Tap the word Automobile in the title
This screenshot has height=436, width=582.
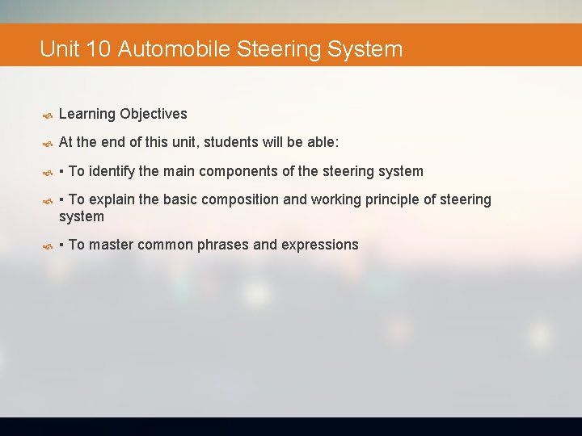click(x=174, y=49)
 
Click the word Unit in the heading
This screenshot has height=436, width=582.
click(x=59, y=49)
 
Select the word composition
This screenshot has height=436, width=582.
click(x=228, y=199)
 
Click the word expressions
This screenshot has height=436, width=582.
click(x=320, y=245)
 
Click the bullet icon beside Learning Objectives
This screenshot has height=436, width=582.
click(x=47, y=115)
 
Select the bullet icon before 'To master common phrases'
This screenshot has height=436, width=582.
click(x=47, y=245)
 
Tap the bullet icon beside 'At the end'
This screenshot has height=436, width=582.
click(x=47, y=143)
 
